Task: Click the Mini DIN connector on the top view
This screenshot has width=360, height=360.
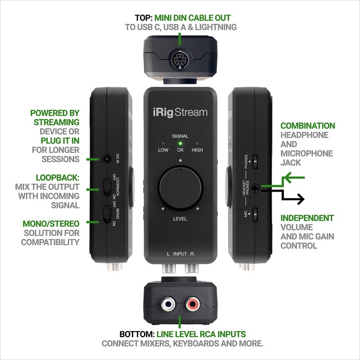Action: coord(179,60)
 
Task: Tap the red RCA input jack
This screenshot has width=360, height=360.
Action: coord(192,305)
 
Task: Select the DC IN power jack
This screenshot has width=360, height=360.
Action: coord(107,158)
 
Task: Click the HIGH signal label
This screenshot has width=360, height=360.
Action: coord(197,150)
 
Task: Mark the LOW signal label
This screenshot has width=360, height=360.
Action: coord(163,150)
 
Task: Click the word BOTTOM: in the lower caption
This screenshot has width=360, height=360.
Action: coord(137,334)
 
